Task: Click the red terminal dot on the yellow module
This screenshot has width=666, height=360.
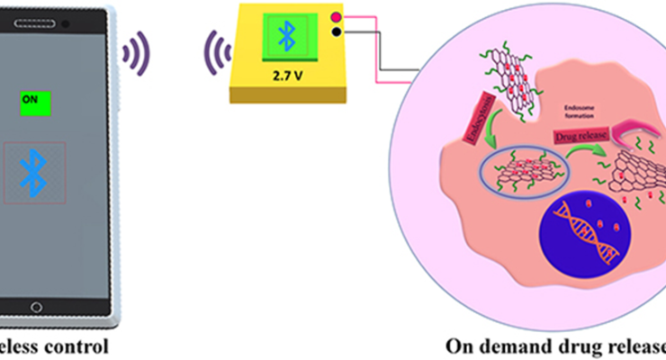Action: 337,18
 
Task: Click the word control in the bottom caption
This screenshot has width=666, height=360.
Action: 77,345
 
